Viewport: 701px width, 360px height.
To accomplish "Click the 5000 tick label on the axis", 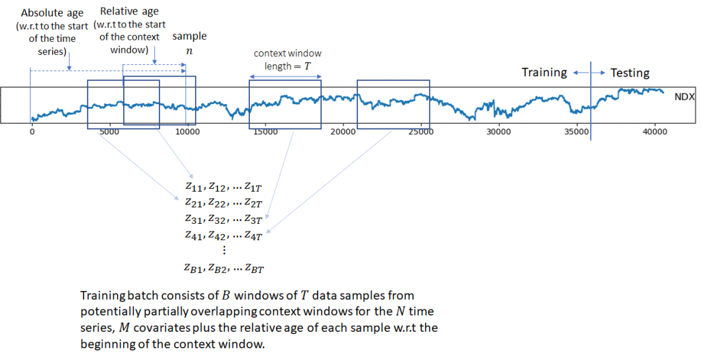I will point(110,131).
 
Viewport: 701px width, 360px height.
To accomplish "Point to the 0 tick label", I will point(31,131).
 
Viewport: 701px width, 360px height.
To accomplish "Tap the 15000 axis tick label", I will point(266,131).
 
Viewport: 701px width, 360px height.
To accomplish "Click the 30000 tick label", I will point(498,131).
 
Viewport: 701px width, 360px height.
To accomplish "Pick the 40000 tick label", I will point(654,131).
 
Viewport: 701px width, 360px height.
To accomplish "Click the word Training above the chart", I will point(544,73).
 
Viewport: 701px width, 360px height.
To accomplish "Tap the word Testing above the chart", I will point(630,73).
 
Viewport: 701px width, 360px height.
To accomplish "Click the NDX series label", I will point(685,97).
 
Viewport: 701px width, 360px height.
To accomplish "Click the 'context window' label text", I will point(287,53).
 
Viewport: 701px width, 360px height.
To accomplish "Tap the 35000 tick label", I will point(576,131).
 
